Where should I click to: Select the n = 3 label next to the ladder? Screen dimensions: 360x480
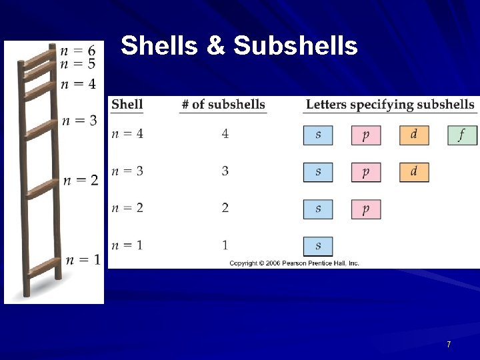point(79,121)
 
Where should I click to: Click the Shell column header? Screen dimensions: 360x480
point(127,105)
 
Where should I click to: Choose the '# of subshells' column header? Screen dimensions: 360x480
point(223,105)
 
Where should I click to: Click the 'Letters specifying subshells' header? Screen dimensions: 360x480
point(390,105)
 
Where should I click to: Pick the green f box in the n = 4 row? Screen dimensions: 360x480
point(462,135)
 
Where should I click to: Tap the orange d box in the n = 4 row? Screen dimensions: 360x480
point(414,135)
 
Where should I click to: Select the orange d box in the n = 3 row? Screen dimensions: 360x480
point(414,172)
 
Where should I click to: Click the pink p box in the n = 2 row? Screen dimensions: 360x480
point(366,209)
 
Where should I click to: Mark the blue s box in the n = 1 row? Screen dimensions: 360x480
point(318,246)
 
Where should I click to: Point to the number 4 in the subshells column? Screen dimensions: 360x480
point(225,134)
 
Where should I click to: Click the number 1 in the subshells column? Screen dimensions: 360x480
point(225,245)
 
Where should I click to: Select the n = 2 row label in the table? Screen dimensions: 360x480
point(127,209)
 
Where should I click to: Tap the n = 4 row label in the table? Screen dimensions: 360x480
point(127,134)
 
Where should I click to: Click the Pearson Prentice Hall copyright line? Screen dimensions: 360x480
point(294,263)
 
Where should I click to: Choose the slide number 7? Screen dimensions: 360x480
point(449,345)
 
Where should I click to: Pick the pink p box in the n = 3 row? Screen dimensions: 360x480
point(366,172)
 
